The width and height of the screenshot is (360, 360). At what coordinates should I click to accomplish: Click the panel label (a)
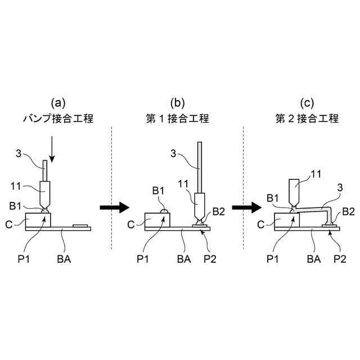pyautogui.click(x=58, y=103)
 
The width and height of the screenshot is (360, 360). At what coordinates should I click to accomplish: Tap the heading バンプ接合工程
pyautogui.click(x=58, y=119)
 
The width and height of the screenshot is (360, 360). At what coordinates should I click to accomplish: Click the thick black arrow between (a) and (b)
pyautogui.click(x=114, y=208)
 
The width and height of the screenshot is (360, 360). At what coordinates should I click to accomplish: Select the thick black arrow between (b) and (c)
pyautogui.click(x=246, y=208)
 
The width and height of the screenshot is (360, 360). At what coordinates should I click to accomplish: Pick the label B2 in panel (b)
pyautogui.click(x=218, y=211)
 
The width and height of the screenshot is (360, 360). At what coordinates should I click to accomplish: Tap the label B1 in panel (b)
pyautogui.click(x=159, y=191)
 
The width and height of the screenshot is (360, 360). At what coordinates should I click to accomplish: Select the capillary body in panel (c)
pyautogui.click(x=295, y=191)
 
